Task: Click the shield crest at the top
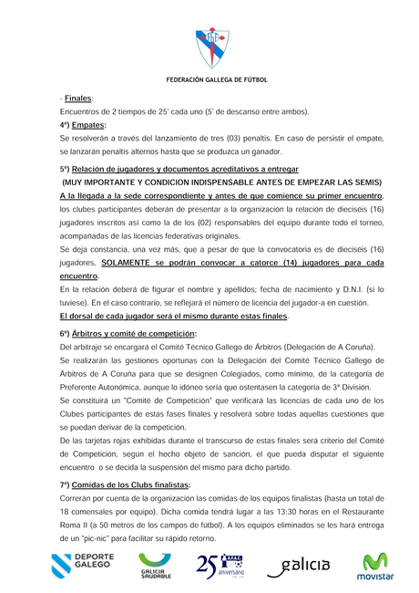pos(209,45)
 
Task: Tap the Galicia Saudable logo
pos(158,567)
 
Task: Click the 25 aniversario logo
pos(220,567)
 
